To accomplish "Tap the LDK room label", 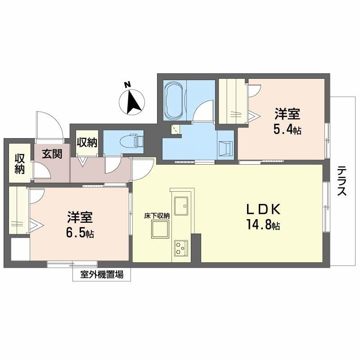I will coord(263,210).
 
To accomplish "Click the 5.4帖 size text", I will coord(287,130).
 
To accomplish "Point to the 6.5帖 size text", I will coord(81,234).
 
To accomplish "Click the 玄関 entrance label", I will coord(53,153).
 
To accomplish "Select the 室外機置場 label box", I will coord(102,274).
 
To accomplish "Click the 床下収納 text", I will coord(157,216).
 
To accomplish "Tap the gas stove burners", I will coord(181,247).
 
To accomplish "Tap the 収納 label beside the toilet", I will coord(86,143).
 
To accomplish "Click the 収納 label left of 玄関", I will coord(19,164).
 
